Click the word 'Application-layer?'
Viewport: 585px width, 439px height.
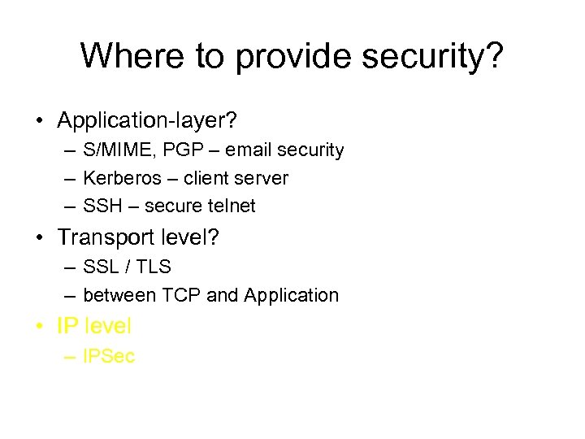pos(147,121)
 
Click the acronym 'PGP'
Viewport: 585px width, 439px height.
pos(180,150)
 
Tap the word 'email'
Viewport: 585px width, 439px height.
pos(249,150)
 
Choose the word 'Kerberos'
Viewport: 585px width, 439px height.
pos(122,178)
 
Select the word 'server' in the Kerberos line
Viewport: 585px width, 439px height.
pos(261,178)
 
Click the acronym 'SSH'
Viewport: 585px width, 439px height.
pos(100,206)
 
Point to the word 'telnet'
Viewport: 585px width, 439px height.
pos(229,206)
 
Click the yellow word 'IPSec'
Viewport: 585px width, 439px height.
pos(109,356)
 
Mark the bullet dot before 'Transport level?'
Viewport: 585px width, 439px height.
pos(39,238)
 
